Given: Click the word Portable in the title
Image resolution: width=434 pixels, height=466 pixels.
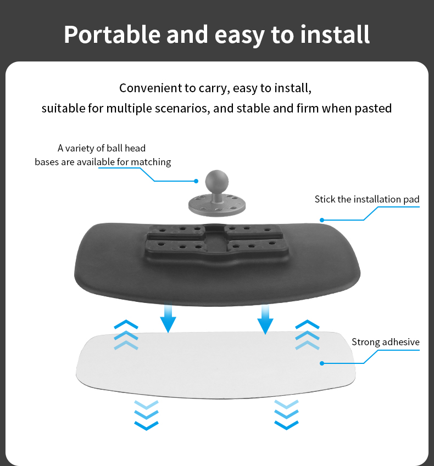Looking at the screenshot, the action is [112, 35].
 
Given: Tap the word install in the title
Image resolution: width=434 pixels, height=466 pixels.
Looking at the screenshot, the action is [335, 35].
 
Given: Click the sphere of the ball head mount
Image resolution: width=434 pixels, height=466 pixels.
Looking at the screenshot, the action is [217, 181].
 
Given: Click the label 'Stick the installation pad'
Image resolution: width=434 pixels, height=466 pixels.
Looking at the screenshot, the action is [367, 199].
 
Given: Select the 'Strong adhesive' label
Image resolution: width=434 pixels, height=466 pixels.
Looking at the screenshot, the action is [386, 342].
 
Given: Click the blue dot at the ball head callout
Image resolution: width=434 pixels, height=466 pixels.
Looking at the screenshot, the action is [196, 181].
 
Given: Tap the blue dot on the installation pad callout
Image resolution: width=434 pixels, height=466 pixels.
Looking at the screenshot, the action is [322, 220].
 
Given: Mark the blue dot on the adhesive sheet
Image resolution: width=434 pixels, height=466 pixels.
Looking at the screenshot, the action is [322, 363].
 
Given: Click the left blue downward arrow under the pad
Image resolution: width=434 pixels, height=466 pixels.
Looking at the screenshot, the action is [168, 318].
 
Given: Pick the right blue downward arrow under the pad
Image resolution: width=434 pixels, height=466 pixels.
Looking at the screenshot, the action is [265, 318].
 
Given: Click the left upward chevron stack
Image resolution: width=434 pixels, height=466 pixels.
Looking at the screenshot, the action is [126, 335].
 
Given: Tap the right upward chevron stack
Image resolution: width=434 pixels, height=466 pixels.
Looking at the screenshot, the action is [307, 335].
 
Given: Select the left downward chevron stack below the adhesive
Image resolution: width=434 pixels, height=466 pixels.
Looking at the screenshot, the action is [146, 415].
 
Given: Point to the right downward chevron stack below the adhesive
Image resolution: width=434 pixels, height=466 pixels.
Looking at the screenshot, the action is [286, 415].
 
